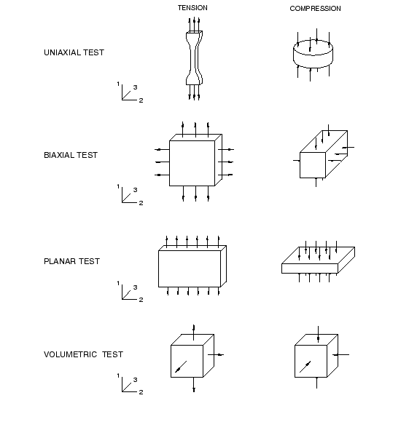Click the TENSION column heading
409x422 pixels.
pos(192,8)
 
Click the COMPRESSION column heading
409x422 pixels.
pos(315,9)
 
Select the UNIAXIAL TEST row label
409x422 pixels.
pos(74,52)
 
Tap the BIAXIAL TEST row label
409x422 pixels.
pos(71,155)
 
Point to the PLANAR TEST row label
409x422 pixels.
pos(71,261)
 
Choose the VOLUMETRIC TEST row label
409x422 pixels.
pos(83,354)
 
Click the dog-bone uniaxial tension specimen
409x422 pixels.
pos(194,58)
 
